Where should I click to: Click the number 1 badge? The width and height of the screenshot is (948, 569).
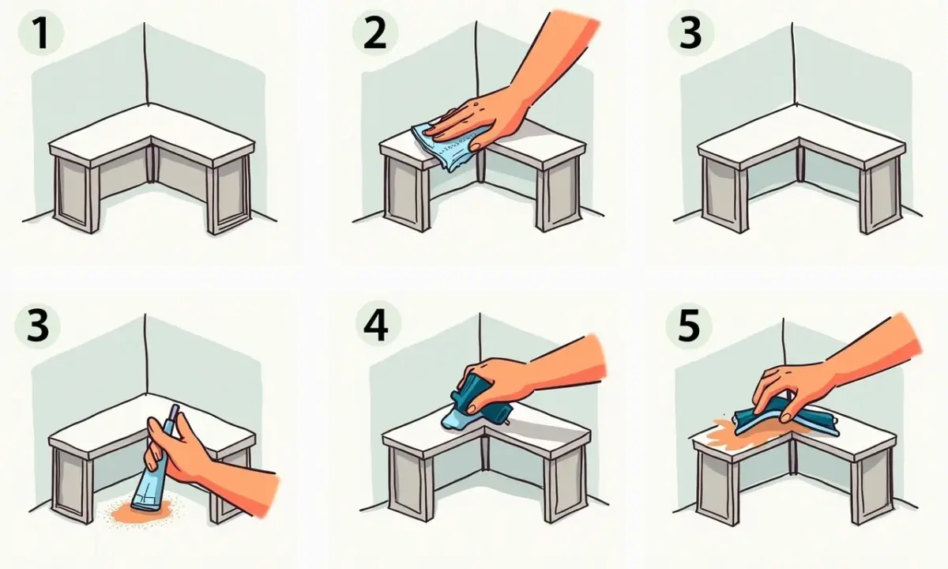click(x=41, y=33)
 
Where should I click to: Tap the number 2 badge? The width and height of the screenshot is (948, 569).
click(x=375, y=32)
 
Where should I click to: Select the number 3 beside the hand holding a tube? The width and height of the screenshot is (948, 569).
click(x=38, y=326)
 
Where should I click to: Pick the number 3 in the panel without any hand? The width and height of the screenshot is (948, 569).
click(x=691, y=32)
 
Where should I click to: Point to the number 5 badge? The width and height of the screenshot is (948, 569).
click(x=689, y=326)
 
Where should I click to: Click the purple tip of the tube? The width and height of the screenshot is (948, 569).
click(x=174, y=413)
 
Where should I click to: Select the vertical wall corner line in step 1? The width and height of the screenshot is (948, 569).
click(x=145, y=63)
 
